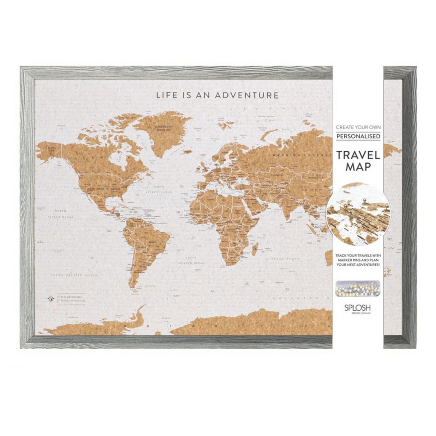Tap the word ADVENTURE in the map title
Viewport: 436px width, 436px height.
247,95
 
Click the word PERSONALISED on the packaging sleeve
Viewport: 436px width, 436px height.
358,136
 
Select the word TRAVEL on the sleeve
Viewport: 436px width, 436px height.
358,154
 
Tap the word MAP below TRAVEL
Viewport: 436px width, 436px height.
358,167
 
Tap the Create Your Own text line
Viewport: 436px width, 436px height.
358,127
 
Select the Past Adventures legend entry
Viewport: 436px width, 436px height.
71,296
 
